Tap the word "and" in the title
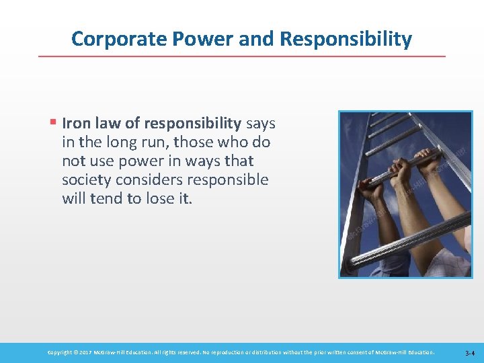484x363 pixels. (255, 39)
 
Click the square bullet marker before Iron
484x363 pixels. (52, 124)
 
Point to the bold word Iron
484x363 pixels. (76, 124)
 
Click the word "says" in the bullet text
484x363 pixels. (261, 124)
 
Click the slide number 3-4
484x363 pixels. (469, 352)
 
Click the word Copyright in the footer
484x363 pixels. (63, 352)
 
